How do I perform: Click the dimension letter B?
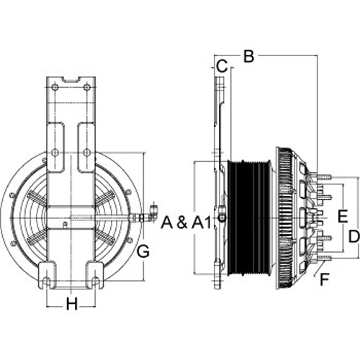pyautogui.click(x=248, y=56)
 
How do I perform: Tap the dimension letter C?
pyautogui.click(x=222, y=66)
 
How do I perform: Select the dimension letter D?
pyautogui.click(x=354, y=236)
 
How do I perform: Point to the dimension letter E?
pyautogui.click(x=343, y=216)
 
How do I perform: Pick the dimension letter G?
pyautogui.click(x=143, y=251)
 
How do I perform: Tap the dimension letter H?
pyautogui.click(x=72, y=304)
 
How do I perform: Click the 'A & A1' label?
pyautogui.click(x=186, y=222)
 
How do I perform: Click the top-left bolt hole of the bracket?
pyautogui.click(x=55, y=87)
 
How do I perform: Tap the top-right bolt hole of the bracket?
pyautogui.click(x=87, y=87)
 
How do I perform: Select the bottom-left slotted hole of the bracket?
pyautogui.click(x=48, y=281)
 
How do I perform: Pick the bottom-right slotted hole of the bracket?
pyautogui.click(x=95, y=281)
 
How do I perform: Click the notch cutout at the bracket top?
pyautogui.click(x=71, y=79)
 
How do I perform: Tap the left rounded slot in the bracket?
pyautogui.click(x=56, y=147)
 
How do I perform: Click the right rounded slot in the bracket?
pyautogui.click(x=86, y=147)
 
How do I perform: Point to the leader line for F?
pyautogui.click(x=319, y=268)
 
